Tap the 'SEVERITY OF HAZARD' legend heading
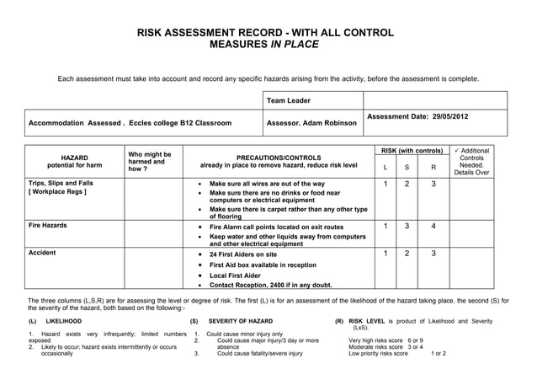coord(240,321)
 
